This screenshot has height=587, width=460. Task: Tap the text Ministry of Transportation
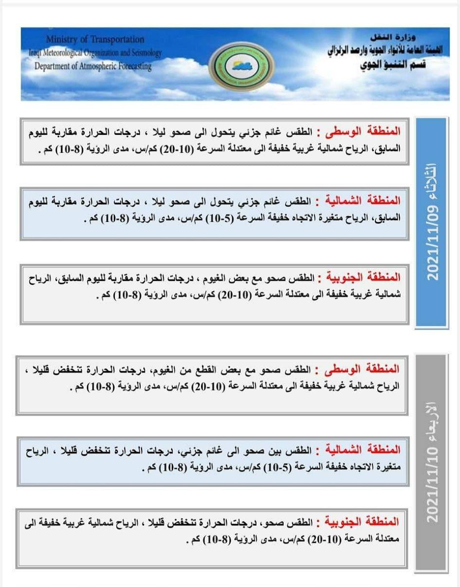pyautogui.click(x=95, y=39)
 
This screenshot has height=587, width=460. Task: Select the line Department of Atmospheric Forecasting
pyautogui.click(x=93, y=66)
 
